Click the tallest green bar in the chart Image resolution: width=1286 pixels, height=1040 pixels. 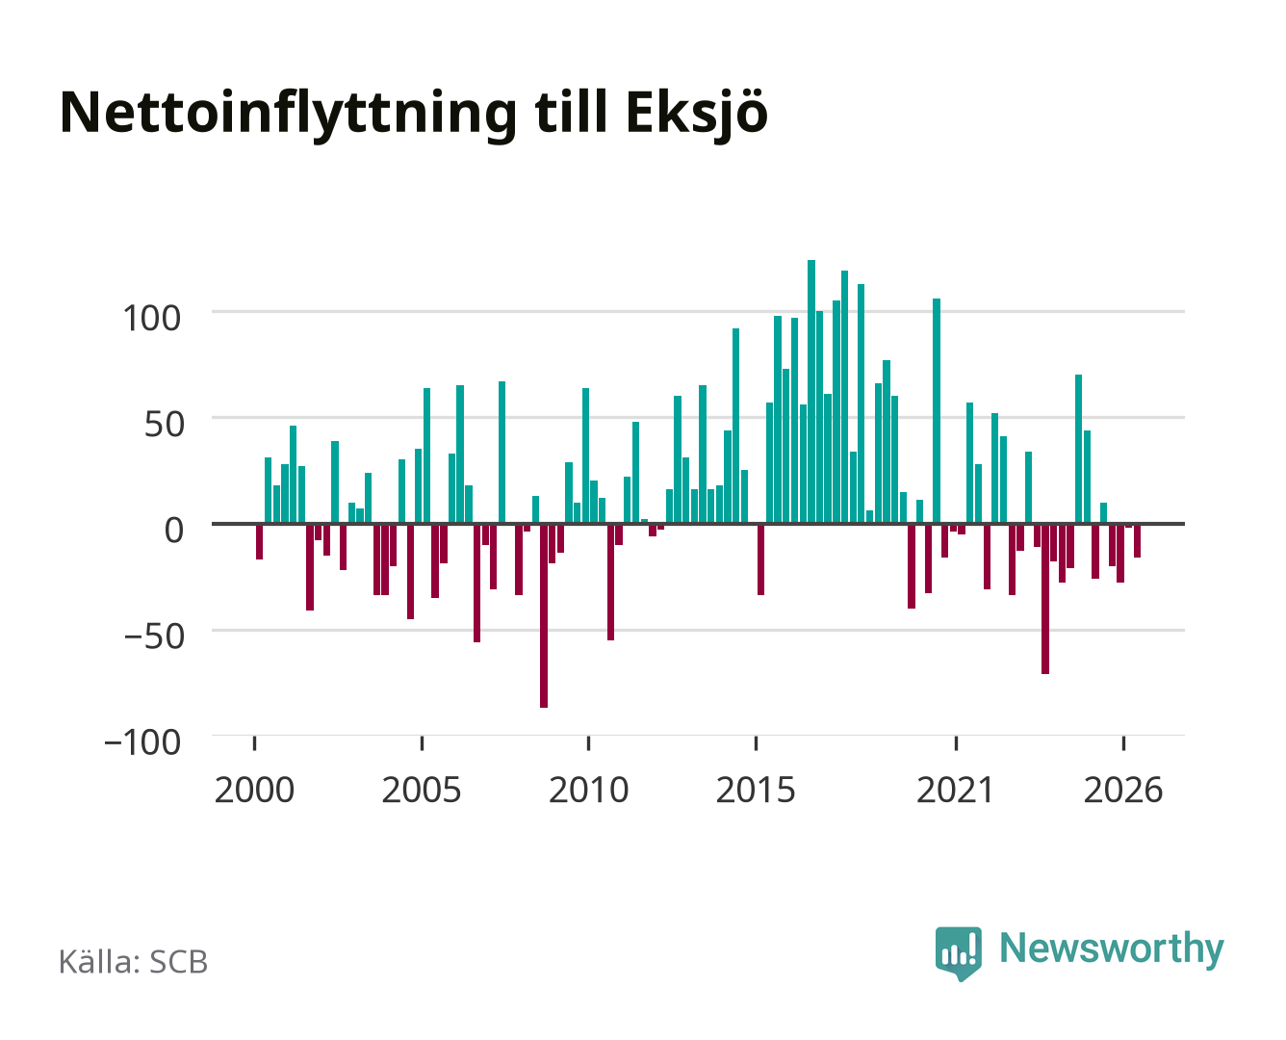(810, 391)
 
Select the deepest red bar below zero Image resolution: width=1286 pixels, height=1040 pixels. (544, 615)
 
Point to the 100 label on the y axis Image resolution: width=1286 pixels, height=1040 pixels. (151, 318)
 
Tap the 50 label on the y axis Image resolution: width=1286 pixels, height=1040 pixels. (165, 424)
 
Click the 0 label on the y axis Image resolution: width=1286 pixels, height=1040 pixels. (174, 531)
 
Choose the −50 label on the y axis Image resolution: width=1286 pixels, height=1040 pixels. (154, 636)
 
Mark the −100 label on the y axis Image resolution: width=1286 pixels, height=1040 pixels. (142, 742)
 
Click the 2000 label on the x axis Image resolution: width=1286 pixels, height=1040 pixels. (254, 790)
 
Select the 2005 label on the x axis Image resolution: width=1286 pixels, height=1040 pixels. (422, 790)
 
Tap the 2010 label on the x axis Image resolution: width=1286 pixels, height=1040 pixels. (589, 790)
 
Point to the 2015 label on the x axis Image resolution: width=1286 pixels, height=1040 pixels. (756, 790)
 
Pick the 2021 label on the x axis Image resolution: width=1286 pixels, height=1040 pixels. (955, 790)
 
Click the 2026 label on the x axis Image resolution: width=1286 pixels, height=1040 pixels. (1123, 790)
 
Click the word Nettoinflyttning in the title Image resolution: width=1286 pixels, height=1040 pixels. (289, 115)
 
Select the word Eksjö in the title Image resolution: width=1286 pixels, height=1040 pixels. (697, 115)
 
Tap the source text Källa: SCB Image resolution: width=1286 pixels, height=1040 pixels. (133, 961)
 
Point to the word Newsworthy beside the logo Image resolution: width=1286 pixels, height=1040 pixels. (1112, 949)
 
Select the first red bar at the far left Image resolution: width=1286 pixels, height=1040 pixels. (259, 542)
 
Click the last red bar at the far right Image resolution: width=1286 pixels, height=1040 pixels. (1137, 540)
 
